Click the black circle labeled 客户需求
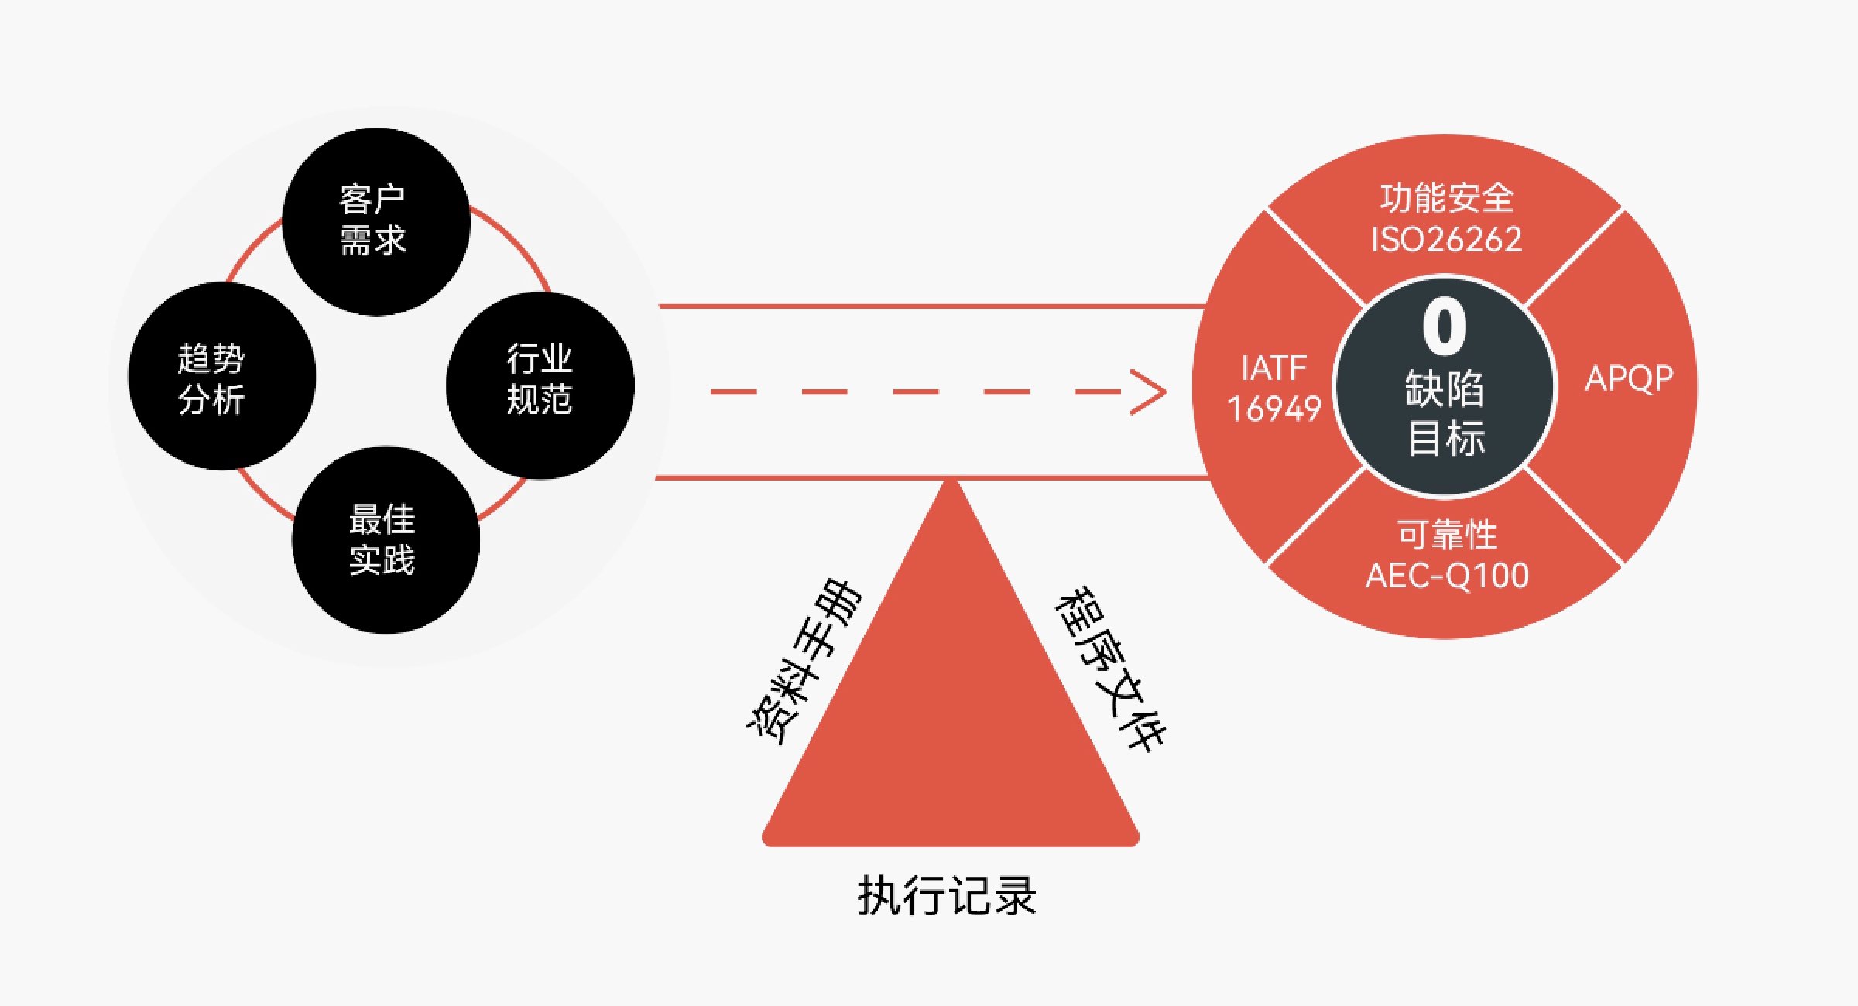(376, 221)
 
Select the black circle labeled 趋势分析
(221, 376)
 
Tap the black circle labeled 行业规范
(540, 385)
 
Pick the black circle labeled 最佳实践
(386, 539)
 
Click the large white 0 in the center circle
(1445, 327)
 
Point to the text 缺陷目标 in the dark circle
(1445, 413)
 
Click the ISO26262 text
(1446, 240)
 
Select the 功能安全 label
(1446, 198)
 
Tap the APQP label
(1629, 379)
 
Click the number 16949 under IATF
(1274, 409)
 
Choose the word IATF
(1274, 368)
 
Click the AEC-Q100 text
(1447, 576)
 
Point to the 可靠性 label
(1447, 535)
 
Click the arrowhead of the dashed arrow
(1152, 392)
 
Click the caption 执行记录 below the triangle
(947, 896)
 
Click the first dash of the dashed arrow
(733, 392)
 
